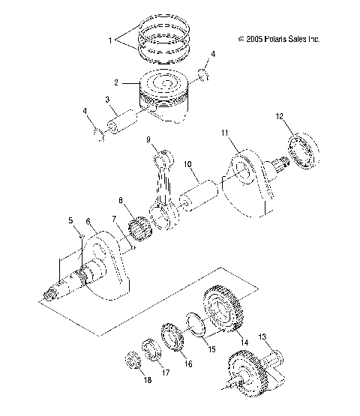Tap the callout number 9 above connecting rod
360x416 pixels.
tap(148, 139)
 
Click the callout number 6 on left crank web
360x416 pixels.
tap(88, 222)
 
